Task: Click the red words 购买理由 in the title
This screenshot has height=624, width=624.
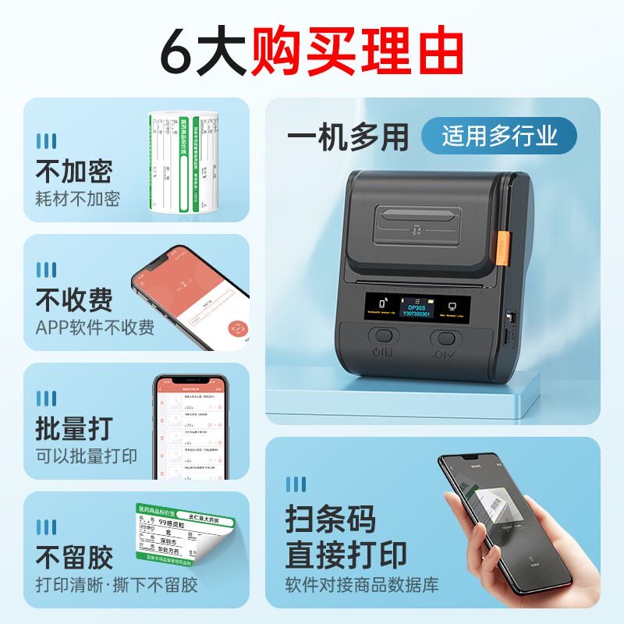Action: pos(357,52)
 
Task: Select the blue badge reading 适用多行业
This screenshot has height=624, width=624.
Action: pos(499,136)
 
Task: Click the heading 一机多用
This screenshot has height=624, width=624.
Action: pos(347,137)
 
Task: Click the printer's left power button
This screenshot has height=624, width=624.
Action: pos(383,337)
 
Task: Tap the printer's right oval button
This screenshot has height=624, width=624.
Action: pos(445,339)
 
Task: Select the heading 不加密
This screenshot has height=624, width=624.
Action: pos(74,171)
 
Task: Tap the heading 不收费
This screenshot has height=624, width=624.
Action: pos(74,299)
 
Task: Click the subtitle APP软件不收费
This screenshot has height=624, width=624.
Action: pos(94,327)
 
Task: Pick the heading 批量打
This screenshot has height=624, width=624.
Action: pos(74,427)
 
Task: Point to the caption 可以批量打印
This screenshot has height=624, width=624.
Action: pos(86,456)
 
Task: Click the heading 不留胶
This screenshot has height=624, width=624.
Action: pos(74,556)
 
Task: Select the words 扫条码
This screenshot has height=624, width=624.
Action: pos(330,518)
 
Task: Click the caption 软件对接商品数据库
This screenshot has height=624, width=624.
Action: pos(361,584)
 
